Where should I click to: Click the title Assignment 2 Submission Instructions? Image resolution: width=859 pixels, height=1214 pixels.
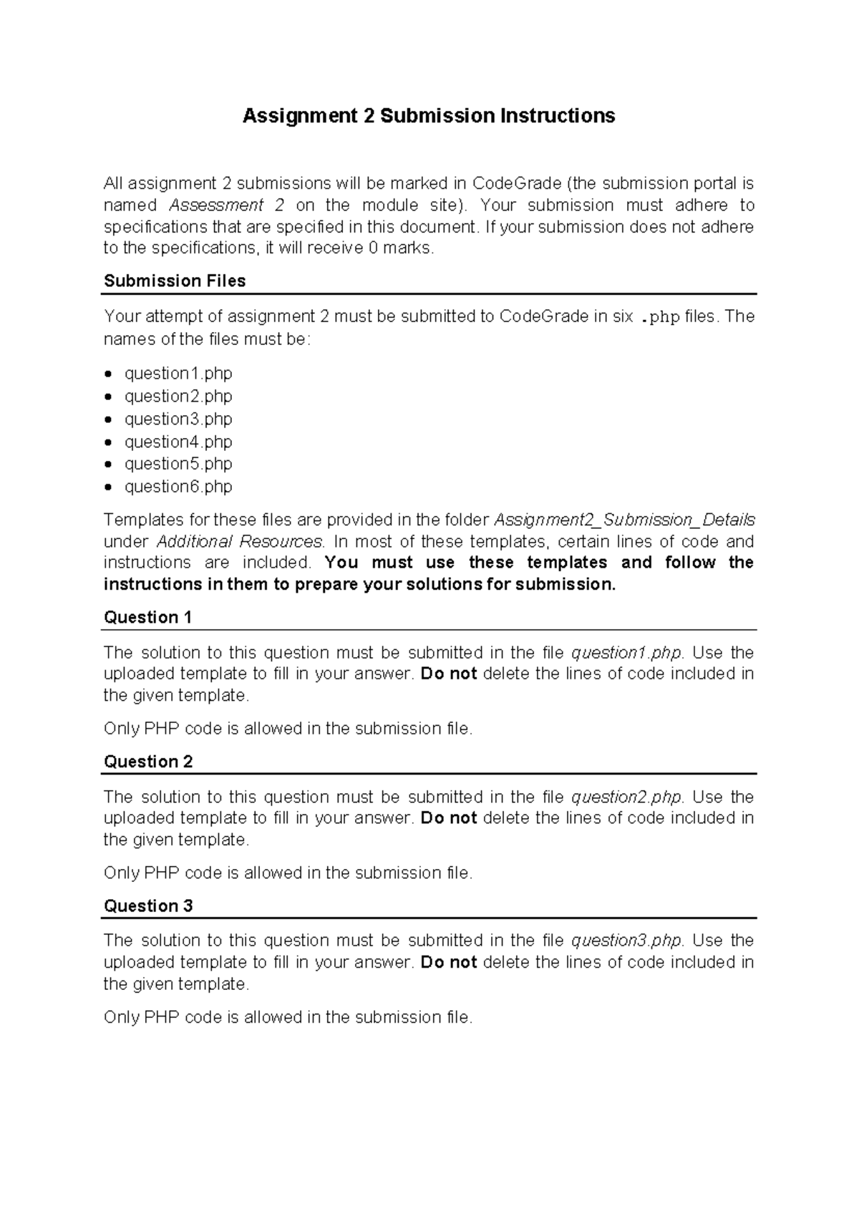coord(429,116)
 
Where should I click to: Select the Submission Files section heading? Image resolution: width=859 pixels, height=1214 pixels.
coord(175,281)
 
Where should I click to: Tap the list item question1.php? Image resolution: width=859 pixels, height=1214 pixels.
coord(178,374)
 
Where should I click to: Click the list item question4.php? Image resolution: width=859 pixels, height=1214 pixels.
coord(178,442)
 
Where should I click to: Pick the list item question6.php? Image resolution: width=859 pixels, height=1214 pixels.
coord(178,487)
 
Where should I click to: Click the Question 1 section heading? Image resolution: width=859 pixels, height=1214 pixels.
coord(147,618)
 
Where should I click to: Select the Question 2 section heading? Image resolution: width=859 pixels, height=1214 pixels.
coord(148,762)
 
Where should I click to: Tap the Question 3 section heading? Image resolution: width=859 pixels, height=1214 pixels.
coord(148,906)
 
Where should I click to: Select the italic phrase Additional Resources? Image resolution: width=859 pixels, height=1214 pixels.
coord(240,541)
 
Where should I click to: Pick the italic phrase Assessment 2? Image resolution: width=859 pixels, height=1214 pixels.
coord(226,205)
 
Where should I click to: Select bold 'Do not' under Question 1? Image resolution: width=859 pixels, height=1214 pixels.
coord(449,674)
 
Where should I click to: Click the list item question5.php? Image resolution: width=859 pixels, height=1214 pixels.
coord(178,464)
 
